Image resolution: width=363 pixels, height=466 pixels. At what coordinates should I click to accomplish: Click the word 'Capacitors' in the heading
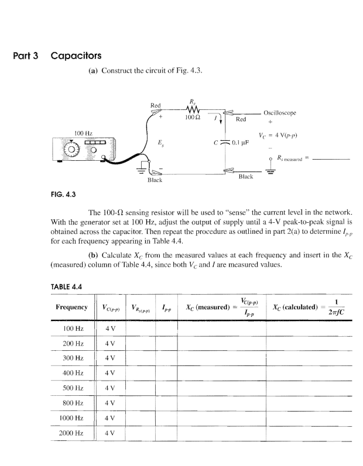(76, 56)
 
